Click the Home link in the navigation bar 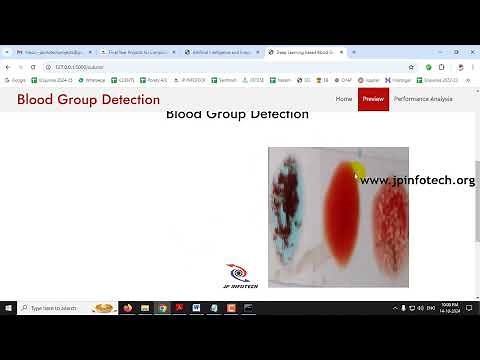coord(344,99)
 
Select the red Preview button coord(373,99)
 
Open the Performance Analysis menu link coord(423,99)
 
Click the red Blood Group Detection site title coord(88,100)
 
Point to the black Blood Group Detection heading coord(237,114)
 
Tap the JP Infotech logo coord(237,276)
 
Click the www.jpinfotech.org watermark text coord(417,181)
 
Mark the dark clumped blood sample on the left coord(293,212)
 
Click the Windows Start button coord(8,308)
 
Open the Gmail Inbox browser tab coord(50,52)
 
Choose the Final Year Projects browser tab coord(135,52)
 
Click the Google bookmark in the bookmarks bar coord(16,79)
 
